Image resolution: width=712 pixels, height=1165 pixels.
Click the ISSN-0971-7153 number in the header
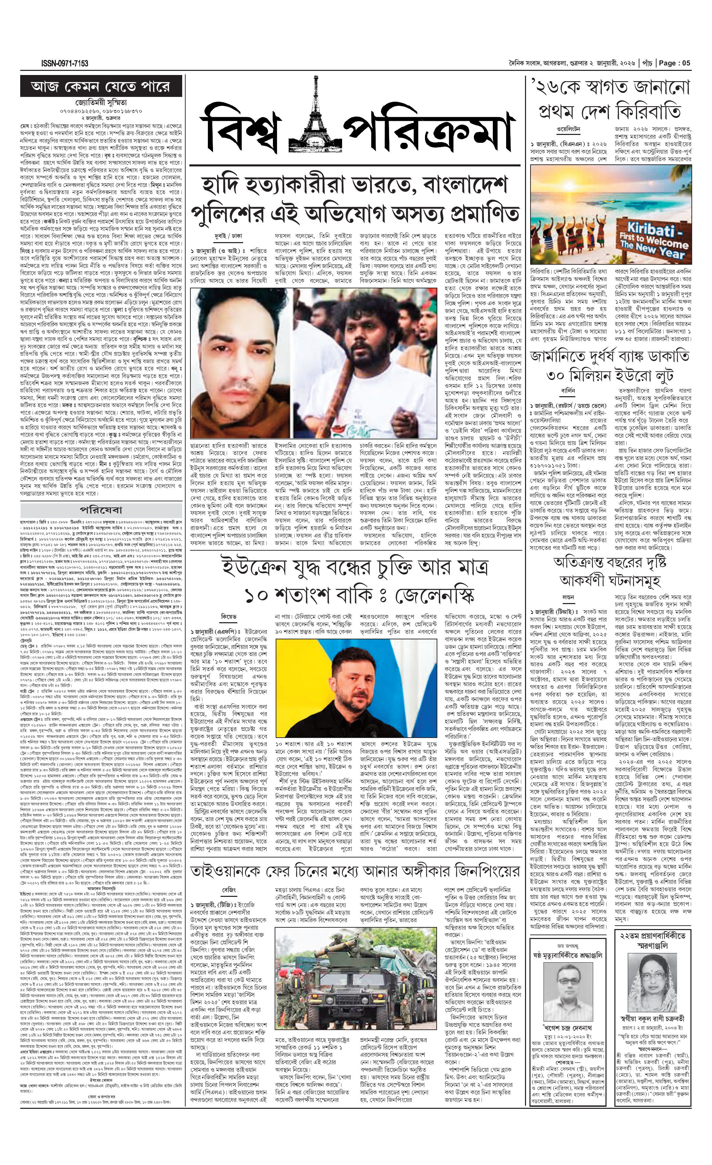point(64,63)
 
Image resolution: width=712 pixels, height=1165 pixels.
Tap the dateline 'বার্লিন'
point(568,391)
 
